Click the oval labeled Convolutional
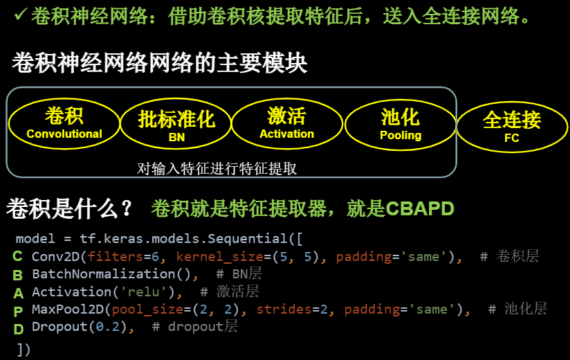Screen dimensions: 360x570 point(64,123)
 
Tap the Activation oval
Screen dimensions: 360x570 point(286,123)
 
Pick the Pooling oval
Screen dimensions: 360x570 point(400,124)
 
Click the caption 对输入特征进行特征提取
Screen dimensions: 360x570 point(217,168)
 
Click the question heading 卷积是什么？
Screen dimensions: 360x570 point(70,208)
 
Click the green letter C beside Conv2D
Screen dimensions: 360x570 point(18,257)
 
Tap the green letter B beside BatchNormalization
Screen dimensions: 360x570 point(18,275)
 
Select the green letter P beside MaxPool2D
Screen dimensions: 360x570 point(18,309)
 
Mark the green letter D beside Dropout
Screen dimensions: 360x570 point(18,327)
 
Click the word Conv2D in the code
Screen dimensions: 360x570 point(55,257)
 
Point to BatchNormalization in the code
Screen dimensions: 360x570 point(103,274)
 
